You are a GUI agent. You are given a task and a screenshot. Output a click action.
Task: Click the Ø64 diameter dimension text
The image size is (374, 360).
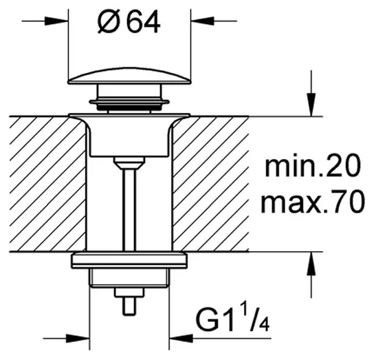[129, 23]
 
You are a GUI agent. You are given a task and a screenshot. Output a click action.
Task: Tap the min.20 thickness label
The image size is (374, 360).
[312, 165]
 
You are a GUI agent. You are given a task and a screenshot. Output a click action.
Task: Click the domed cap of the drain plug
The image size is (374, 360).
[129, 76]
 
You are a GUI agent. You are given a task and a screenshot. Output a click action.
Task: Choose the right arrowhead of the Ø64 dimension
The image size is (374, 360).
[203, 21]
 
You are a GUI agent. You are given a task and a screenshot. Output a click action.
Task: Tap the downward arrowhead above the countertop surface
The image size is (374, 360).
[311, 105]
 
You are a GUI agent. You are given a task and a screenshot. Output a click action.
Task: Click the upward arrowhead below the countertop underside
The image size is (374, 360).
[311, 264]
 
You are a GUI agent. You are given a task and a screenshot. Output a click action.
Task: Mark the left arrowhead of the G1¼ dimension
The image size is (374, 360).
[78, 338]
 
